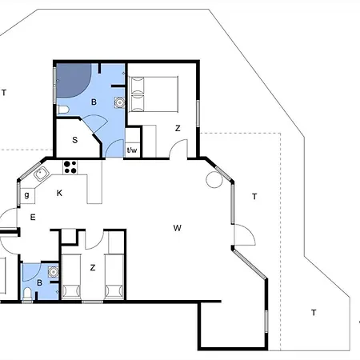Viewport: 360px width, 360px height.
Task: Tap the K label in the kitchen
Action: click(x=59, y=193)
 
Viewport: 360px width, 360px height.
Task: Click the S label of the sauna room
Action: click(x=74, y=141)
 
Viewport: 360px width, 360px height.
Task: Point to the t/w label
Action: click(x=132, y=149)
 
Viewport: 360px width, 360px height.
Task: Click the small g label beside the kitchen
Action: click(x=26, y=193)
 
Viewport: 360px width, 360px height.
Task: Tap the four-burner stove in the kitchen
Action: click(x=70, y=167)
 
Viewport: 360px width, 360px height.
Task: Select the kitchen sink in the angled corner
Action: click(x=40, y=174)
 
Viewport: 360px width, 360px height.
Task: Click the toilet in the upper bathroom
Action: click(x=63, y=110)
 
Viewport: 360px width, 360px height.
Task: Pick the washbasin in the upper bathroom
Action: click(x=119, y=102)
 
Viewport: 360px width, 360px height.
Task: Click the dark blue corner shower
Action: click(x=71, y=79)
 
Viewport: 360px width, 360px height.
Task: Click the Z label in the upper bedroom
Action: click(x=178, y=128)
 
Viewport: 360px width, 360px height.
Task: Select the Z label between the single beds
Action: click(x=93, y=268)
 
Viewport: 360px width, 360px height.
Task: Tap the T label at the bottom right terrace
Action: click(x=314, y=313)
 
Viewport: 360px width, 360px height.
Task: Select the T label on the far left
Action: click(x=4, y=93)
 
